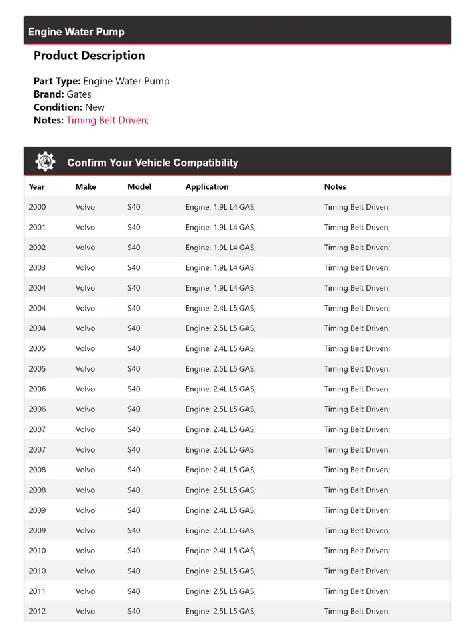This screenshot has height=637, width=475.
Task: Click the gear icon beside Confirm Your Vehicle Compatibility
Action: click(x=45, y=161)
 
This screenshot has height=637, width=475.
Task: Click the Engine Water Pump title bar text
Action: click(x=76, y=32)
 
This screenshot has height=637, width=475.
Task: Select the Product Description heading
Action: click(x=89, y=56)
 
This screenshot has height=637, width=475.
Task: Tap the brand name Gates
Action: click(x=79, y=94)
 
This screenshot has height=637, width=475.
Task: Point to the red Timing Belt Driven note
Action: click(x=107, y=120)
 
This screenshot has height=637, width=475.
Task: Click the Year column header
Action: click(x=37, y=187)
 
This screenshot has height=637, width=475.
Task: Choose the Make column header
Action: click(x=86, y=187)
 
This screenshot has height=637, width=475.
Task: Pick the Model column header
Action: click(x=139, y=187)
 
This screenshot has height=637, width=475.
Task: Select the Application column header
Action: click(x=207, y=187)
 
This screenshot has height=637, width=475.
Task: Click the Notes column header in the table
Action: click(x=335, y=187)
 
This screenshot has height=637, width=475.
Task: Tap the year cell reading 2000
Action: click(x=37, y=207)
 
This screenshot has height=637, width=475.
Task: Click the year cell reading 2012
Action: click(x=37, y=611)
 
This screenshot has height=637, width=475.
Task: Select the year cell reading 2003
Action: click(x=37, y=268)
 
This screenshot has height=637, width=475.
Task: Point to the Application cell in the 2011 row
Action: click(x=220, y=591)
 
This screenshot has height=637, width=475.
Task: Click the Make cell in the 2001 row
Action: click(x=85, y=228)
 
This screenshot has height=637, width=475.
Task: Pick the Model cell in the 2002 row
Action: click(x=134, y=248)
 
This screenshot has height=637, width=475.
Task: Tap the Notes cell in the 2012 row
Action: click(x=357, y=611)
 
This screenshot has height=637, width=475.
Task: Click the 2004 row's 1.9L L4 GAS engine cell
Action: click(x=220, y=288)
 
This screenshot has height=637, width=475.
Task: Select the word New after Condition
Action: click(x=95, y=107)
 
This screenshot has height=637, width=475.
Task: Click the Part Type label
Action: click(x=57, y=82)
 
